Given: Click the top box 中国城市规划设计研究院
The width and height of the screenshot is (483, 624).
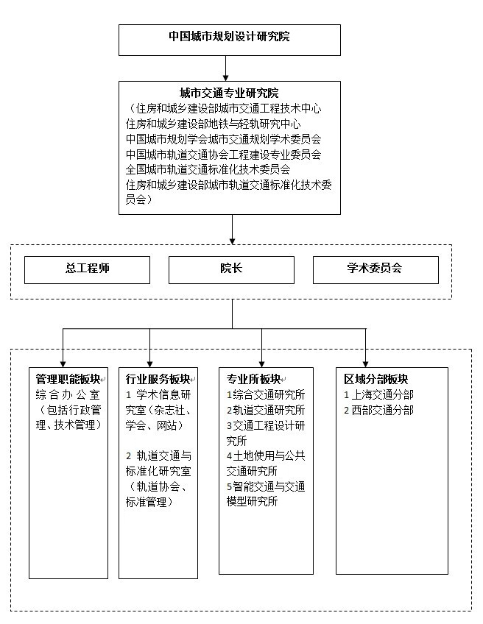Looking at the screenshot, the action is point(230,40).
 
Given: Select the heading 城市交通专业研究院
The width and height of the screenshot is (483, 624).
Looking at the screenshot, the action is point(229,93).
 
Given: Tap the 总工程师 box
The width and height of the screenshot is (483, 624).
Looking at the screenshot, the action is point(87,270).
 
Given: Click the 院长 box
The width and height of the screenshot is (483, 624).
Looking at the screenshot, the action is point(231,270).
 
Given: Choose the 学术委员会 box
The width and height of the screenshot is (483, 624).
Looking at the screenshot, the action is point(376,270).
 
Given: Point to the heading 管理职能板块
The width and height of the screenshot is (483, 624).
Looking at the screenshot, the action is point(68,379).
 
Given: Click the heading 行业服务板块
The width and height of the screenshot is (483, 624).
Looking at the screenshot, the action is point(158,379).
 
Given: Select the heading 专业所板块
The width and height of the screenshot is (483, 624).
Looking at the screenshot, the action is point(253,379).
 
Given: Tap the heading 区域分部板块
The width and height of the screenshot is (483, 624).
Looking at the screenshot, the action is point(376,379).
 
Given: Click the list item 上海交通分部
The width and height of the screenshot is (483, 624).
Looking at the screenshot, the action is point(378,394).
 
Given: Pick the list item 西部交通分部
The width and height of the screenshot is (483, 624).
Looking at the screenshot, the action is point(378,410).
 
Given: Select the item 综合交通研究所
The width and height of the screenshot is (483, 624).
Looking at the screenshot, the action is point(266,394).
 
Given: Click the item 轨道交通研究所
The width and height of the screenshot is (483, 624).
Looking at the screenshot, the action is point(266,410).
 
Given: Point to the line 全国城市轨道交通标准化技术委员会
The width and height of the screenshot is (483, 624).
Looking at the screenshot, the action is point(208,169).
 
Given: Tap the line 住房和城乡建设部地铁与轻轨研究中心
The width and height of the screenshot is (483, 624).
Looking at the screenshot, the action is point(213,124).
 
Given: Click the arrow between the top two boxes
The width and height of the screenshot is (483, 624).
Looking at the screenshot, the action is point(225,68).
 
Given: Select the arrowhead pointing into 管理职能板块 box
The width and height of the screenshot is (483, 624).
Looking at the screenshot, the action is point(63,364).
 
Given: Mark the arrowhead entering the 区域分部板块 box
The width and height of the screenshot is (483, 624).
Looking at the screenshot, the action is point(365,364).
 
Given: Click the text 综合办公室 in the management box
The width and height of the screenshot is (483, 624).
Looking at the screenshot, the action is point(68,394).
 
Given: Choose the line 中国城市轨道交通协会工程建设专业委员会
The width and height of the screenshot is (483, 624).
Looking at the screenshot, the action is point(223,155).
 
